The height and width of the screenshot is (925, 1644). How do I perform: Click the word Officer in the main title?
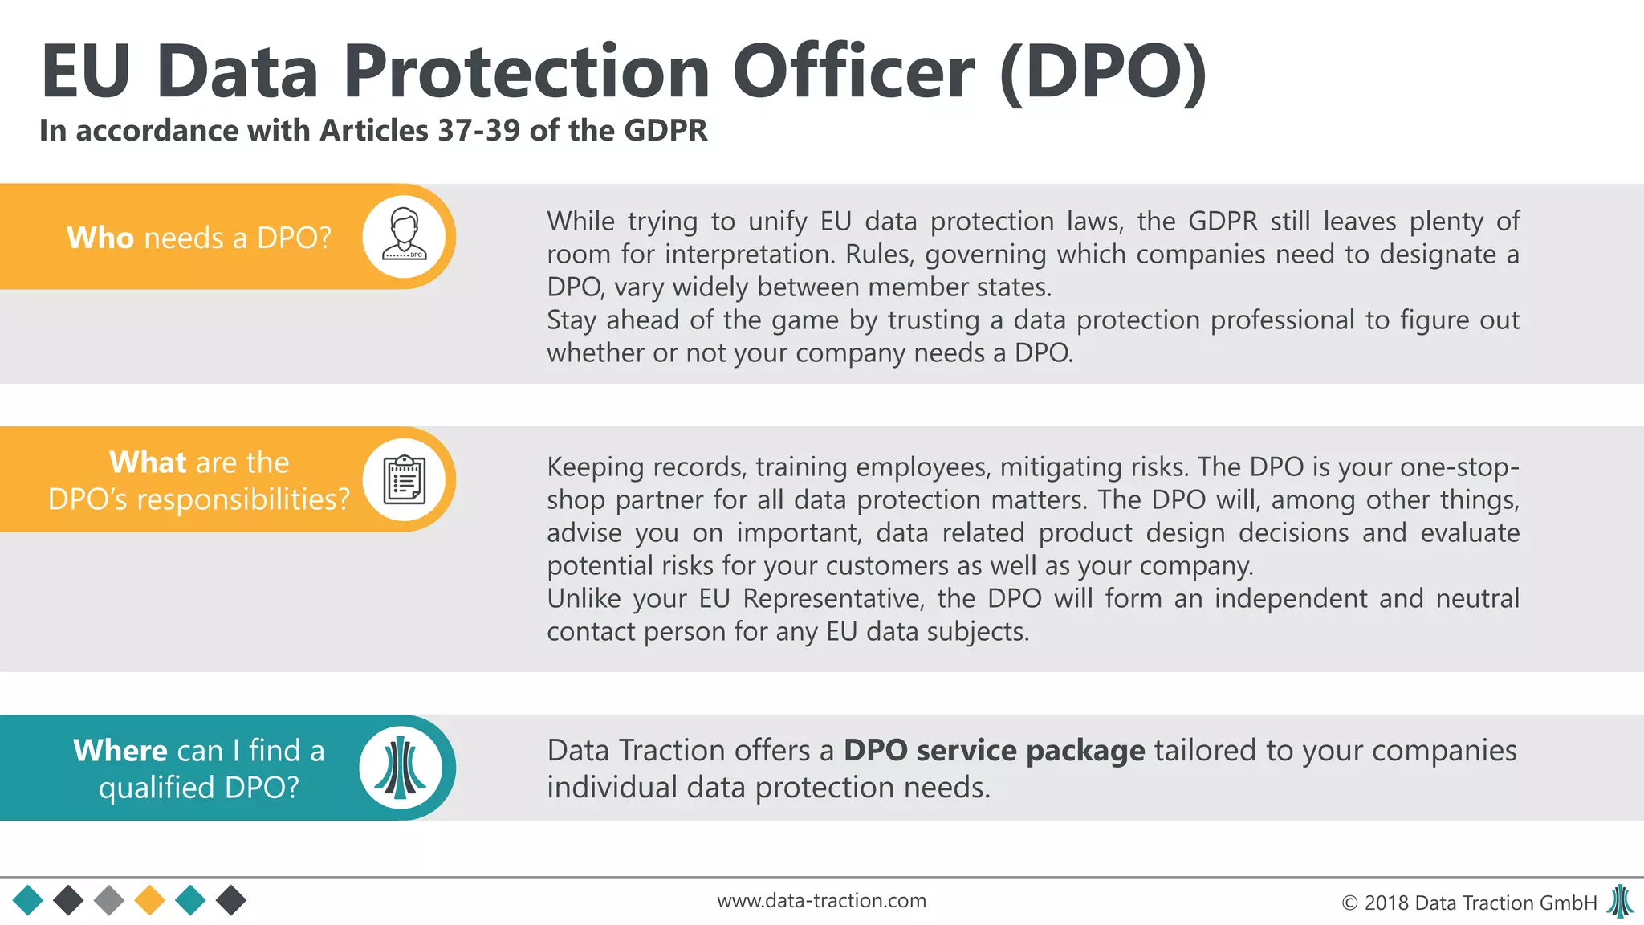click(x=853, y=71)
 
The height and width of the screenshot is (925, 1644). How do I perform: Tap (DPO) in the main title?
click(x=1103, y=73)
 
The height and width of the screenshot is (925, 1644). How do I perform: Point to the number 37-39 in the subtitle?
click(x=479, y=130)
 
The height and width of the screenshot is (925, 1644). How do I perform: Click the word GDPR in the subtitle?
click(x=665, y=130)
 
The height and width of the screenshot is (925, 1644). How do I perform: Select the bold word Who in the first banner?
click(x=100, y=238)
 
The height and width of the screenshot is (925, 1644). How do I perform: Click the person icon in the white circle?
click(x=404, y=235)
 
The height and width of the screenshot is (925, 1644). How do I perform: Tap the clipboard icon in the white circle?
click(x=404, y=479)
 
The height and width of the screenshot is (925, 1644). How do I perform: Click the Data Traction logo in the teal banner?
click(x=401, y=767)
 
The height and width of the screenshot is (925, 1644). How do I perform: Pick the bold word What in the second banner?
click(x=147, y=462)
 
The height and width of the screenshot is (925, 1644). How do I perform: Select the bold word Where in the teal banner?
click(x=120, y=750)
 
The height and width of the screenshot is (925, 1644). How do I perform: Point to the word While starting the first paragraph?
click(x=580, y=221)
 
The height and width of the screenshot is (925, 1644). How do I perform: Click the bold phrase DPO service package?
click(x=994, y=750)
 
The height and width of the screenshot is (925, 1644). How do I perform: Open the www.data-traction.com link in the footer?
click(x=821, y=901)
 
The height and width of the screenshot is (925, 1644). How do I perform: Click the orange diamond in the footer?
click(x=149, y=900)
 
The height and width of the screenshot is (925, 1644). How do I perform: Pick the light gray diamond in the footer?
click(x=109, y=900)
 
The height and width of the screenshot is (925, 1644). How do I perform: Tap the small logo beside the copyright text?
click(x=1620, y=901)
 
